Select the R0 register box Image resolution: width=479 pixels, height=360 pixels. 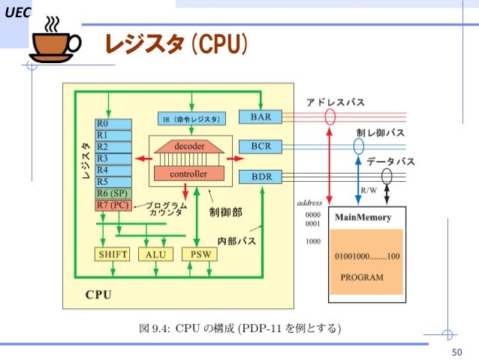click(113, 123)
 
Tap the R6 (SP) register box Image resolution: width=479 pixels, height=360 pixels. click(113, 193)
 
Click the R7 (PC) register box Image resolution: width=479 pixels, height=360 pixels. click(113, 205)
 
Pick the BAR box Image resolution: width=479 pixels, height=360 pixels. click(261, 116)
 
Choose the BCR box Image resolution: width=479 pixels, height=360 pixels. click(261, 146)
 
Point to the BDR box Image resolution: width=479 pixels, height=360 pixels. click(261, 177)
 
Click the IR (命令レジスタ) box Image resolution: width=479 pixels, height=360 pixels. click(191, 119)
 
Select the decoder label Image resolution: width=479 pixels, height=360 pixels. click(190, 146)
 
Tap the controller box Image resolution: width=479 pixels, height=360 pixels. click(190, 174)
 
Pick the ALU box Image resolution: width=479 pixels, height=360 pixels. click(155, 254)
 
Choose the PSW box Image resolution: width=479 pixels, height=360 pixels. click(196, 254)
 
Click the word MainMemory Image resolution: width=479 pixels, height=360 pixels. click(363, 218)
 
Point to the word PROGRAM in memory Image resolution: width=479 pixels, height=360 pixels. click(362, 277)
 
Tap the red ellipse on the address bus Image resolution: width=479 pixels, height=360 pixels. click(330, 117)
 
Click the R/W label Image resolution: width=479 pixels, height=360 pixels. click(369, 191)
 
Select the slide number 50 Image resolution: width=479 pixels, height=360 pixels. click(455, 352)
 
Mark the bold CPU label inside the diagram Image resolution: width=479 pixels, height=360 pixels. click(98, 294)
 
